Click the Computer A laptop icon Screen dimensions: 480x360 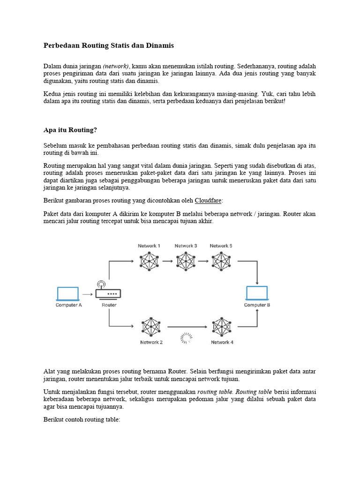[x=68, y=294]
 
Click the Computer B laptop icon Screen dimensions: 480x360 [x=257, y=293]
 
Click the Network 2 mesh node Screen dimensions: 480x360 [x=151, y=327]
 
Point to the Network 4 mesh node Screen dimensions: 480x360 [x=222, y=327]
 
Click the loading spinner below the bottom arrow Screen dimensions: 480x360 [x=186, y=338]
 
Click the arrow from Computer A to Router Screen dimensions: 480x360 [x=87, y=294]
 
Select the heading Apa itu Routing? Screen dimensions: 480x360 [x=70, y=130]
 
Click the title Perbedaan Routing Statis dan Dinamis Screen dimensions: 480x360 [x=108, y=45]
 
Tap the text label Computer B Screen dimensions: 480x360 [x=257, y=305]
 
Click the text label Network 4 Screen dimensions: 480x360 [x=222, y=342]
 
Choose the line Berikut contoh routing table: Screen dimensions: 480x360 [x=82, y=420]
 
